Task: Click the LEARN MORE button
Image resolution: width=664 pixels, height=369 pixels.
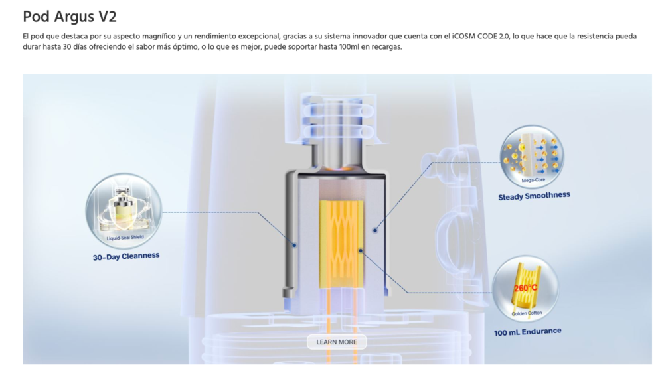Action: pyautogui.click(x=337, y=342)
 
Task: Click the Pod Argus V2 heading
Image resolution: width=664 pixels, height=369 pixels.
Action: pyautogui.click(x=70, y=17)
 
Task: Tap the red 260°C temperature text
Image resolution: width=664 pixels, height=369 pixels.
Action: pyautogui.click(x=525, y=288)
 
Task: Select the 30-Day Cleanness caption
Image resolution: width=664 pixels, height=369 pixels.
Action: pyautogui.click(x=126, y=256)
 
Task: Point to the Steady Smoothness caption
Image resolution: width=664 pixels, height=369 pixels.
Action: pyautogui.click(x=534, y=196)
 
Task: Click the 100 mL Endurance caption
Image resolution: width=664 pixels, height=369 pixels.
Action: pyautogui.click(x=528, y=332)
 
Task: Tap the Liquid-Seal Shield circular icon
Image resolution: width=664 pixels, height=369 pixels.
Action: pyautogui.click(x=124, y=210)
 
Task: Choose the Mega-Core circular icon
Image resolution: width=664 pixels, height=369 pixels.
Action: pyautogui.click(x=532, y=156)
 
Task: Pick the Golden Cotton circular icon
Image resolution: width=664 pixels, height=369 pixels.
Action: pyautogui.click(x=525, y=288)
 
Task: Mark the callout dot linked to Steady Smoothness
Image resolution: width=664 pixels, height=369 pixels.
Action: pyautogui.click(x=374, y=230)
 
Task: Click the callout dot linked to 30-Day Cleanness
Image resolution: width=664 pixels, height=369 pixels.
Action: pyautogui.click(x=294, y=245)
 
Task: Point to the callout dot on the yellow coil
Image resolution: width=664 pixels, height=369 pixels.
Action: pyautogui.click(x=361, y=250)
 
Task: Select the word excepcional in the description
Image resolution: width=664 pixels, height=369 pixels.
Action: pyautogui.click(x=256, y=37)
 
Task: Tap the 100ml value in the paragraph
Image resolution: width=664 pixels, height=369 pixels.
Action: pyautogui.click(x=349, y=47)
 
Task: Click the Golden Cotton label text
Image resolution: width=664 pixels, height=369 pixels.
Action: pyautogui.click(x=527, y=313)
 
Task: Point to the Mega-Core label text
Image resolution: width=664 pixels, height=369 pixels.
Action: pyautogui.click(x=533, y=180)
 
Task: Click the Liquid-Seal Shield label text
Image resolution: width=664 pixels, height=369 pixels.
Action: pyautogui.click(x=125, y=238)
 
